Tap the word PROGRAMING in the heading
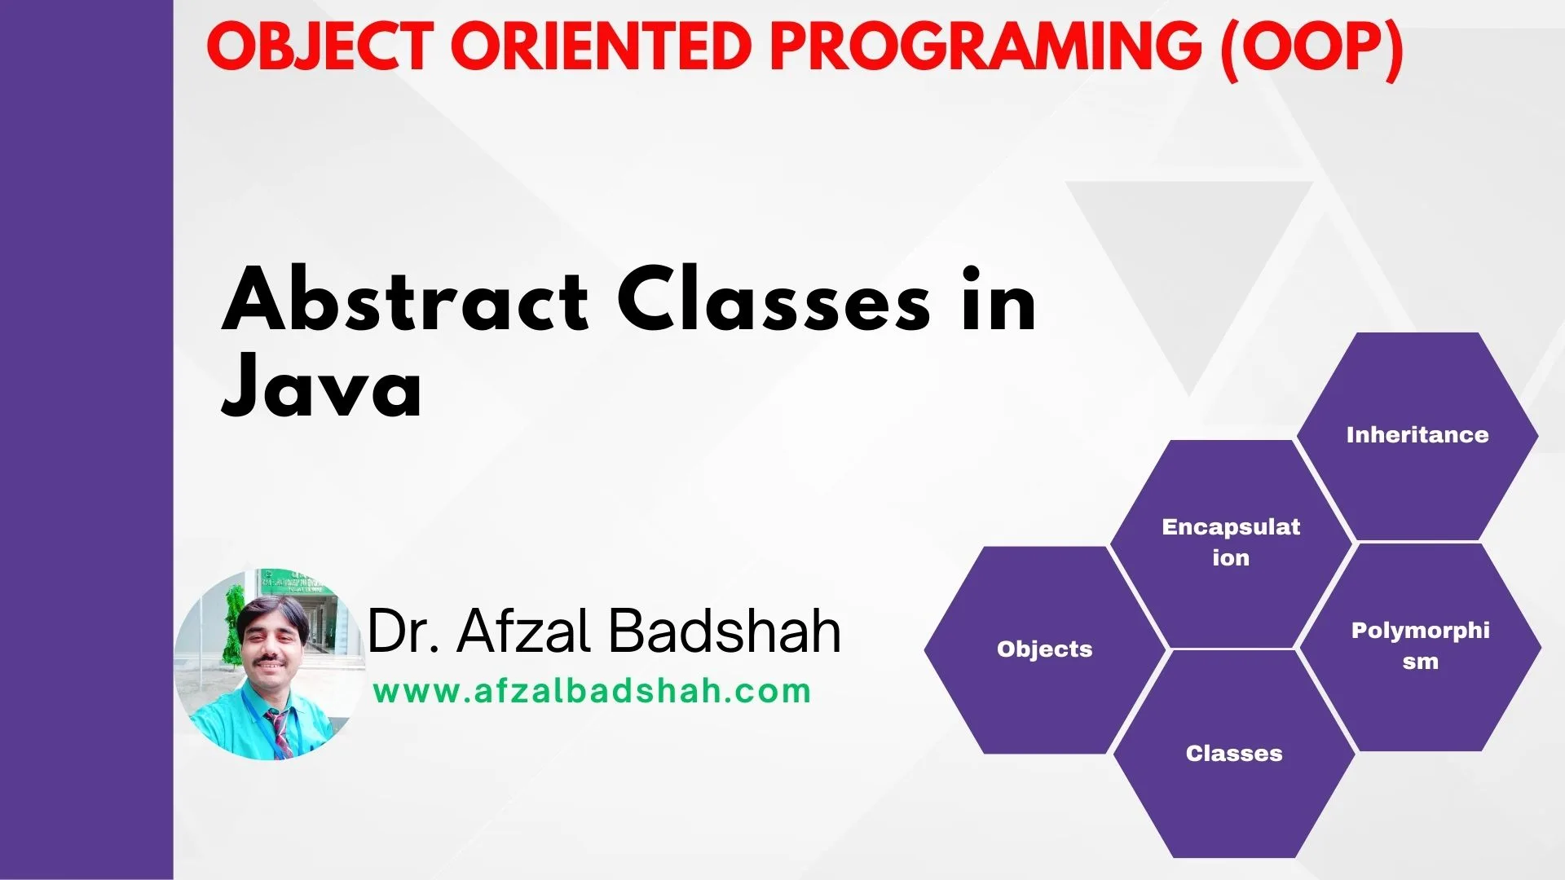pos(985,46)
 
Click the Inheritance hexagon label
pos(1417,435)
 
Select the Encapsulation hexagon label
pos(1231,542)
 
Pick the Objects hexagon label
pos(1044,649)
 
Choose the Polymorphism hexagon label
pos(1420,645)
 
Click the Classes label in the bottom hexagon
pos(1234,754)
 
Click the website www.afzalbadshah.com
pos(592,692)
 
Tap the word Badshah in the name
pos(725,631)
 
